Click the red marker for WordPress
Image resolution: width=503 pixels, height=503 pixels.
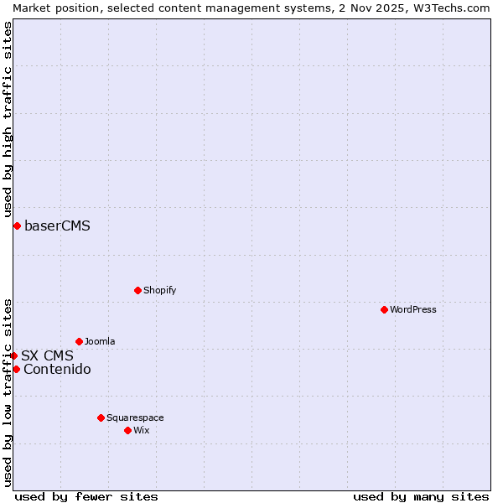tap(384, 309)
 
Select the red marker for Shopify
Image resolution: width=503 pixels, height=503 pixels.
tap(137, 290)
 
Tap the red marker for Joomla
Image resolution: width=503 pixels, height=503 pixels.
tap(79, 341)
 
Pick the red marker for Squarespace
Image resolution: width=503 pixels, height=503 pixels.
tap(101, 417)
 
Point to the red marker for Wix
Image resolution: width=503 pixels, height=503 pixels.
tap(127, 430)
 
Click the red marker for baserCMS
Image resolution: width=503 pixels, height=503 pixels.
tap(17, 226)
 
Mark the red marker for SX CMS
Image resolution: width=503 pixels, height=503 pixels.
tap(13, 355)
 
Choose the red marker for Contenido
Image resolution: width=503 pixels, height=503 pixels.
tap(16, 369)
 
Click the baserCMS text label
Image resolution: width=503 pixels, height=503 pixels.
tap(57, 226)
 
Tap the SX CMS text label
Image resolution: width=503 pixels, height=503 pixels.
tap(47, 355)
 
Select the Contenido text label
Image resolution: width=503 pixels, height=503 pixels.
tap(57, 369)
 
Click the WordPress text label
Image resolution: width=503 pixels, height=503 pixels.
tap(413, 309)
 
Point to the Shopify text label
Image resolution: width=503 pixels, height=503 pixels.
tap(159, 290)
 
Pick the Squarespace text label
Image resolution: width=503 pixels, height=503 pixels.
tap(135, 417)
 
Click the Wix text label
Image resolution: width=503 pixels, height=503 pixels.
tap(141, 430)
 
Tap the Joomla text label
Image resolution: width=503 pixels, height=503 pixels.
tap(100, 341)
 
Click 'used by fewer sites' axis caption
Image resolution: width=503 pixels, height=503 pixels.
tap(86, 496)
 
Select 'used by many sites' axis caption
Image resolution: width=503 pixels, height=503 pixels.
tap(421, 496)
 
